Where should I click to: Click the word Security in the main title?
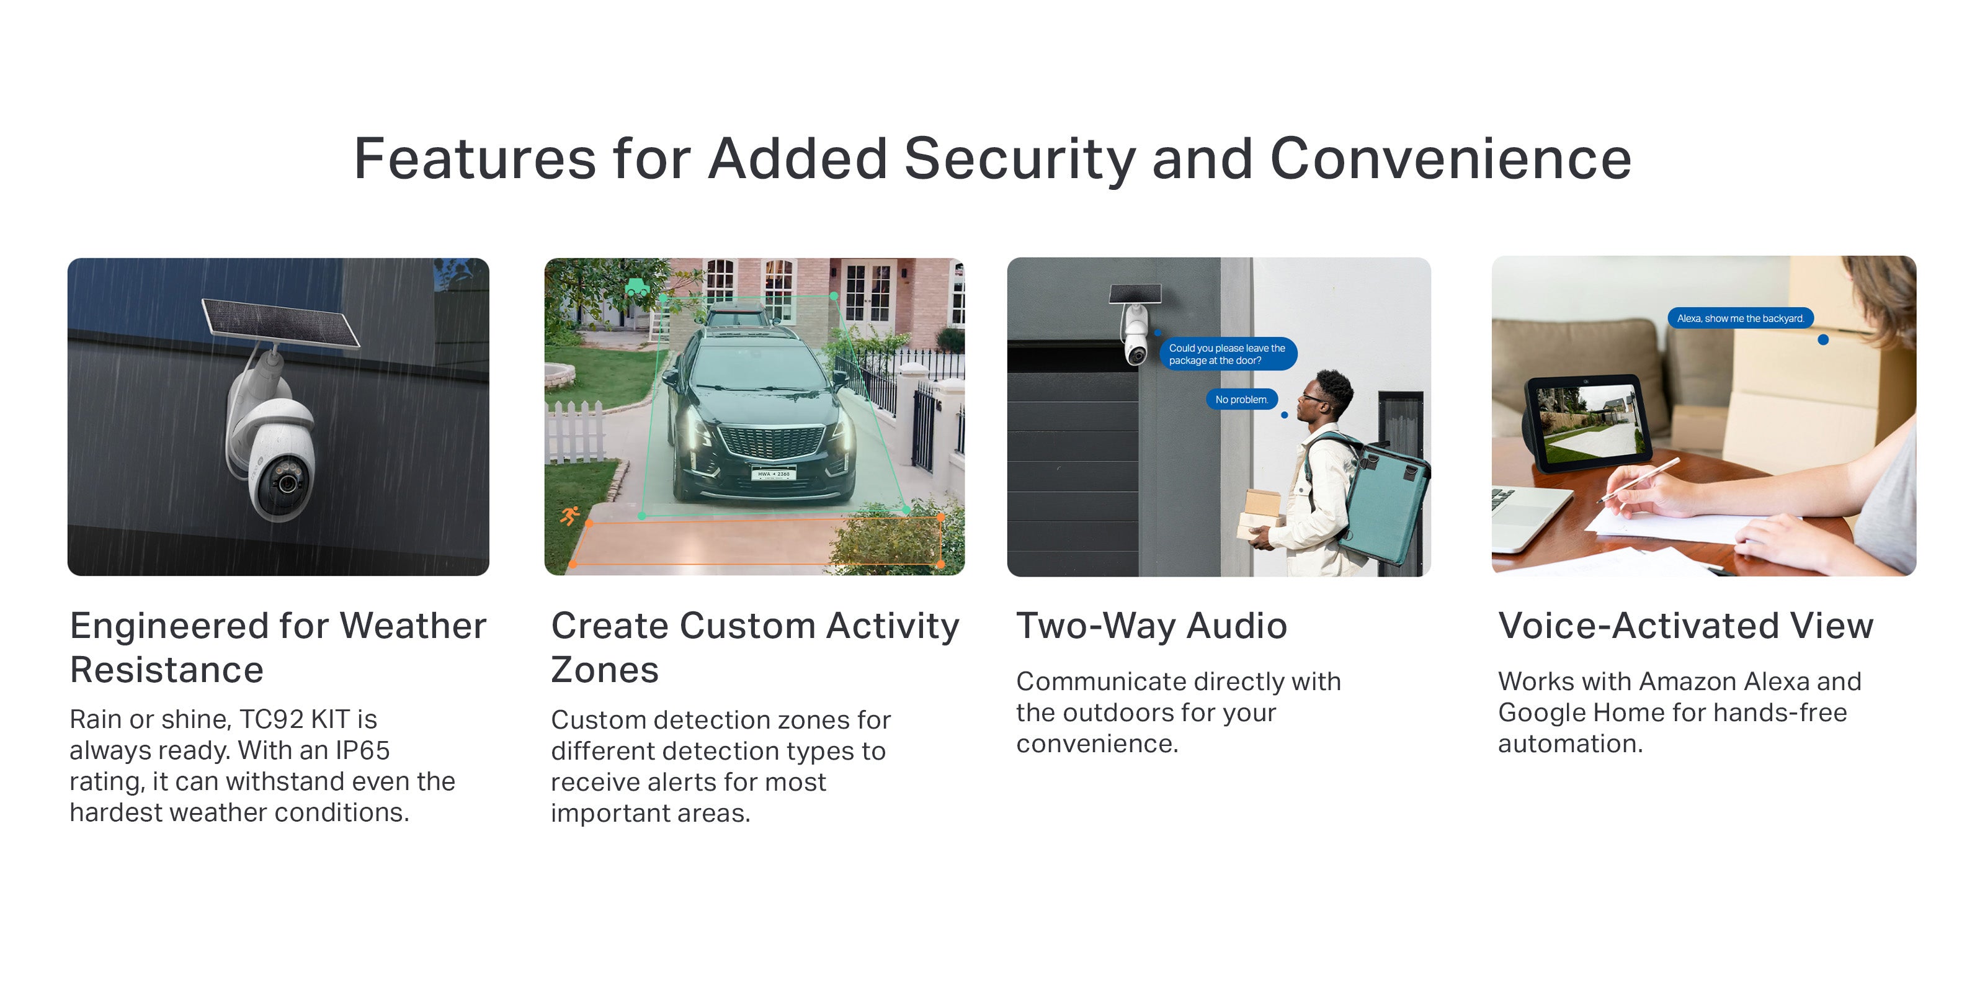coord(1019,160)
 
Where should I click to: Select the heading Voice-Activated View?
coord(1685,625)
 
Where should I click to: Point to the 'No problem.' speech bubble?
coord(1241,399)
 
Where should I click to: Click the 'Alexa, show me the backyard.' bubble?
coord(1740,318)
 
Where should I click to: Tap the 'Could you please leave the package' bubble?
coord(1228,354)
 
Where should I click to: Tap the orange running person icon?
coord(569,516)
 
